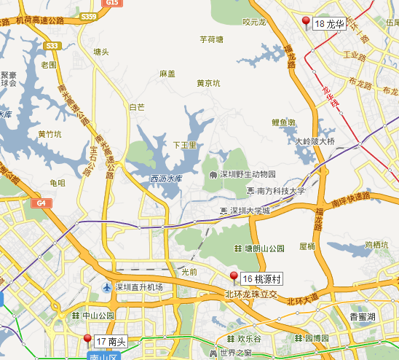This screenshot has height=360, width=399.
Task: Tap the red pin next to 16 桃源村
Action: coord(234,276)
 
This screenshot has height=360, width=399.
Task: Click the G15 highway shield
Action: coord(111,4)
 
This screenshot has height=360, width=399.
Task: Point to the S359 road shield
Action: coord(90,15)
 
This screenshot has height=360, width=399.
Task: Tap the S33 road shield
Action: coord(52,46)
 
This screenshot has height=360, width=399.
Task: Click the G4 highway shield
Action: coord(42,203)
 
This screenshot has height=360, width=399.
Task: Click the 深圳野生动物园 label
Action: coord(247,175)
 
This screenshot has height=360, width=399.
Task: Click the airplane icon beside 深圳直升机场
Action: coord(108,287)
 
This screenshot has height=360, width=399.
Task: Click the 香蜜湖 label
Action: coord(361,316)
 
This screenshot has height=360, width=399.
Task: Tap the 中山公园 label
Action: coord(98,316)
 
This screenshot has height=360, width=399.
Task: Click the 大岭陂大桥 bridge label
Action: coord(315,141)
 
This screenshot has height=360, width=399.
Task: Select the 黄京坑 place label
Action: coord(208,83)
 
